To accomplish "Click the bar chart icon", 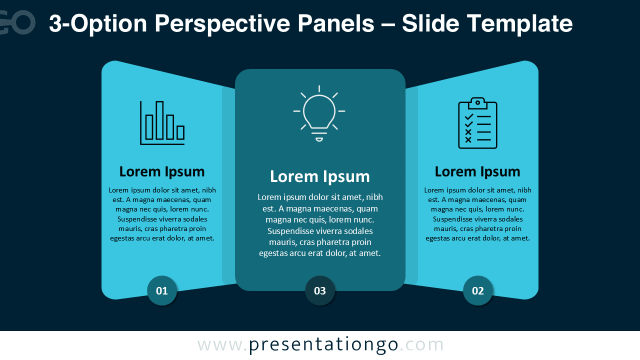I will (x=162, y=123).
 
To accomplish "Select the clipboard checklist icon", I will (x=477, y=123).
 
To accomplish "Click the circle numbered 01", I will (x=162, y=290).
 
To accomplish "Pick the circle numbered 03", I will (x=320, y=290).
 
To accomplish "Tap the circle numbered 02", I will (x=478, y=290).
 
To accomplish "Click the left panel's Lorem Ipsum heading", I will (x=162, y=171).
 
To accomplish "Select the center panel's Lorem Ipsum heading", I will (x=320, y=176).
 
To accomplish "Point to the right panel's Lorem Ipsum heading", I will (x=477, y=171).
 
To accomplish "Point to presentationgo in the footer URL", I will (x=323, y=345).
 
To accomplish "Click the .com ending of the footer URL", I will (x=421, y=345).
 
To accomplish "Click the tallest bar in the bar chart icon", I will (x=159, y=120).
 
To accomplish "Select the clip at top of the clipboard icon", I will (x=477, y=102).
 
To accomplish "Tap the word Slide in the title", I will (x=431, y=24).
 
